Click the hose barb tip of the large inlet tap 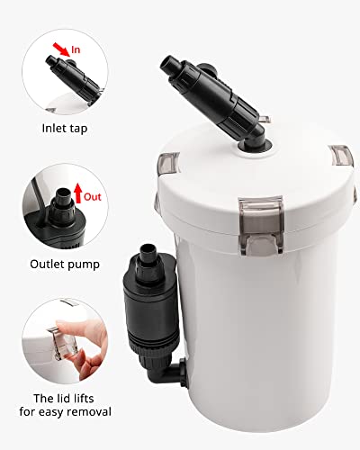(x=167, y=65)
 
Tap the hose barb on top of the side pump (x=148, y=249)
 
